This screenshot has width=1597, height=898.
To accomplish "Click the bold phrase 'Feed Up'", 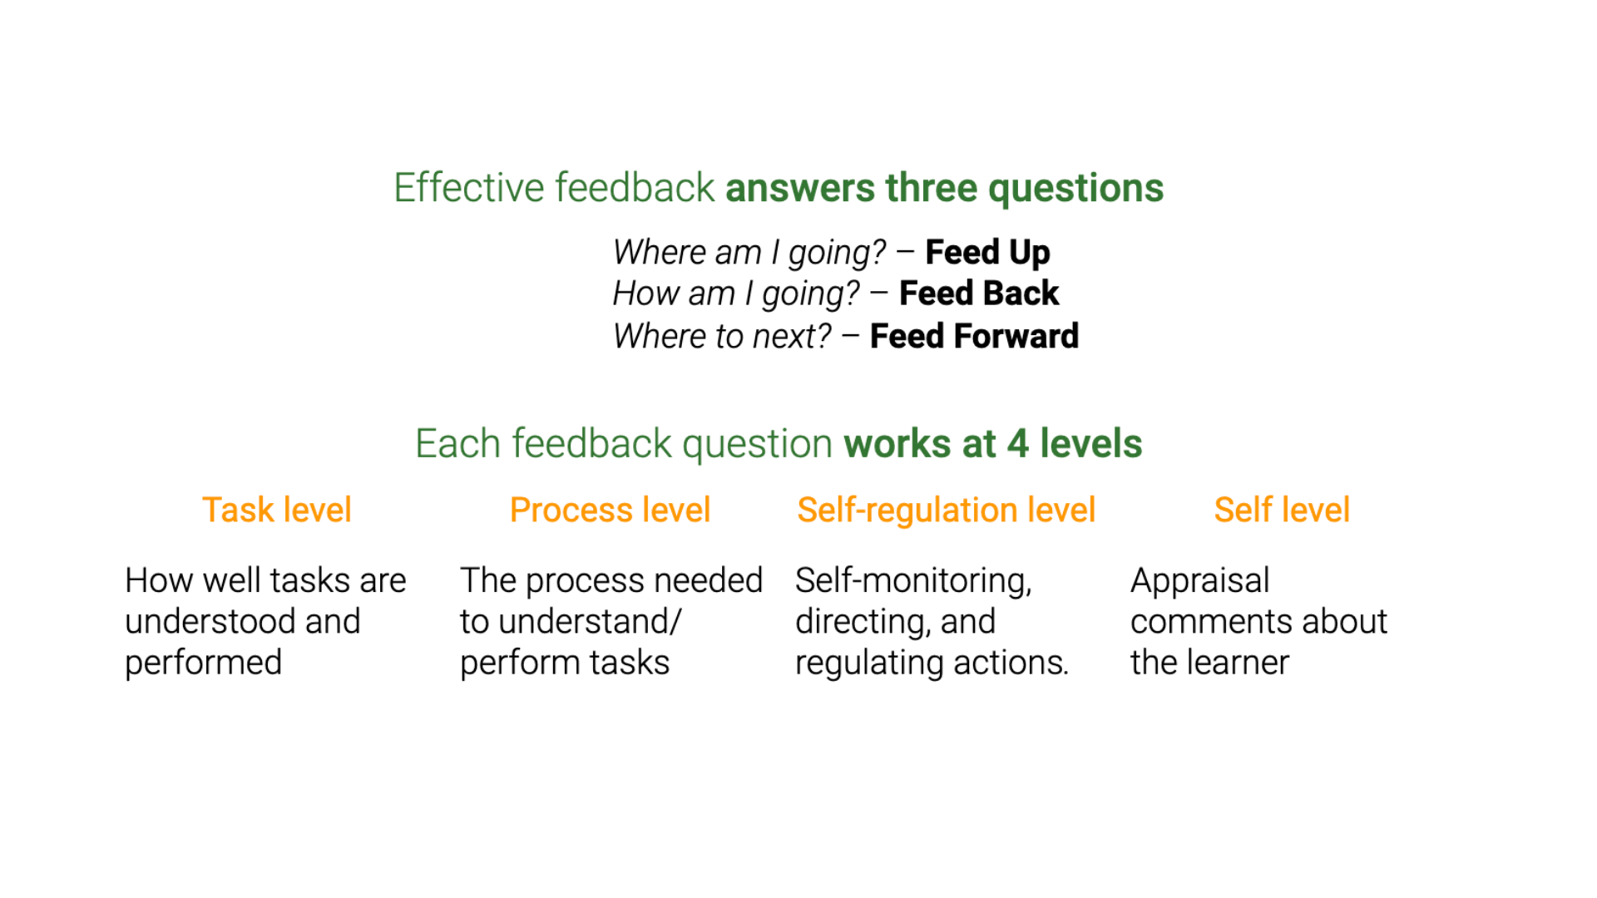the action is (987, 253).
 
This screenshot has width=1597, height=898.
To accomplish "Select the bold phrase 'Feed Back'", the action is (979, 294).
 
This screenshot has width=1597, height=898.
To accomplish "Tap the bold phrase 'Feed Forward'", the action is (974, 336).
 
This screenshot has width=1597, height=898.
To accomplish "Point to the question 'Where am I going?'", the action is (749, 253).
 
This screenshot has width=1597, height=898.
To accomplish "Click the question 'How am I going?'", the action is (736, 294).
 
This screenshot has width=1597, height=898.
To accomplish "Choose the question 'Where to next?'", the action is (722, 336).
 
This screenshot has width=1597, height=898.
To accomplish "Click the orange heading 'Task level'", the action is (277, 510).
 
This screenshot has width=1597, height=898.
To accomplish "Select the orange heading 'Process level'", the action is (610, 510).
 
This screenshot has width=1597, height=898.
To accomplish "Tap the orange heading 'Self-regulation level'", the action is (946, 511).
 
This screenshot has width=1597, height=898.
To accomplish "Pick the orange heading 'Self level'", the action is (1282, 510).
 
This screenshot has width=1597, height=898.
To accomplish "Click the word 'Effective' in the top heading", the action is (470, 187).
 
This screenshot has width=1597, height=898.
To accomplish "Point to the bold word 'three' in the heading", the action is (931, 187).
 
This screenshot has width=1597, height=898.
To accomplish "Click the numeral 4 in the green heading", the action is (1018, 444).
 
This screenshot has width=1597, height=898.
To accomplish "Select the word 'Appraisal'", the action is (1199, 580).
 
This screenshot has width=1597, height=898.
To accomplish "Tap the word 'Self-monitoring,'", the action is (913, 580).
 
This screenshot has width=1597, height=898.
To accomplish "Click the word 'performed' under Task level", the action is (204, 664).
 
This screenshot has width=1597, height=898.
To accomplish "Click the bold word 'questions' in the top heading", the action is (1076, 189).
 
